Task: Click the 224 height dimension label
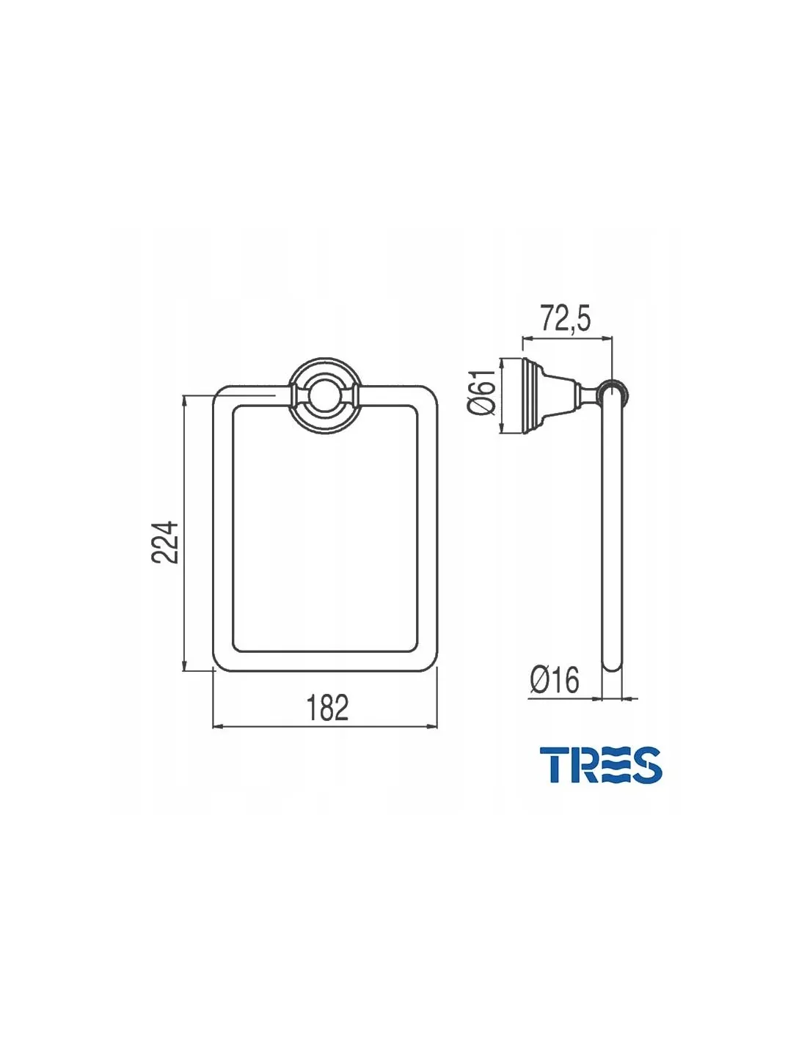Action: coord(164,542)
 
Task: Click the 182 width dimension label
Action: coord(327,707)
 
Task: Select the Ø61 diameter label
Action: coord(481,391)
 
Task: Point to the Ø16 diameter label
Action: coord(555,679)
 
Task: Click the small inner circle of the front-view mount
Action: coord(323,398)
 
